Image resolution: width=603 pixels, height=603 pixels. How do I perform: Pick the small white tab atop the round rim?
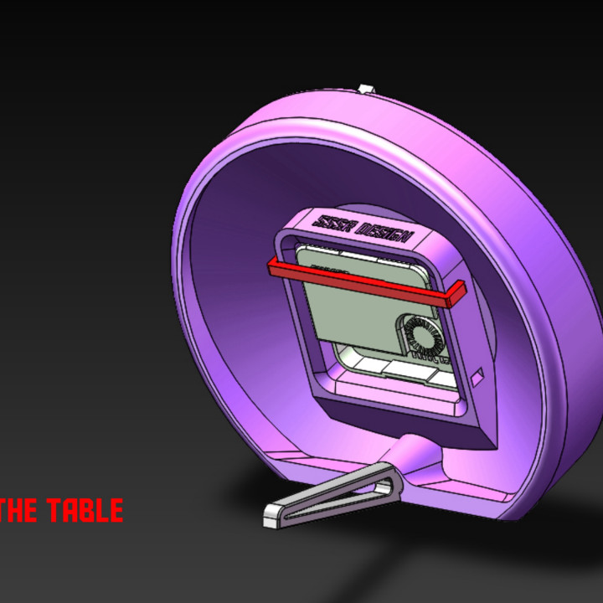point(365,87)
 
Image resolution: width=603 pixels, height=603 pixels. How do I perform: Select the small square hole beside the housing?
point(479,374)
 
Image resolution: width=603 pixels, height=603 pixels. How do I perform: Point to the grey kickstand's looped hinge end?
point(390,479)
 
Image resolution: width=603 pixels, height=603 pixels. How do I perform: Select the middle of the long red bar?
point(360,280)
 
